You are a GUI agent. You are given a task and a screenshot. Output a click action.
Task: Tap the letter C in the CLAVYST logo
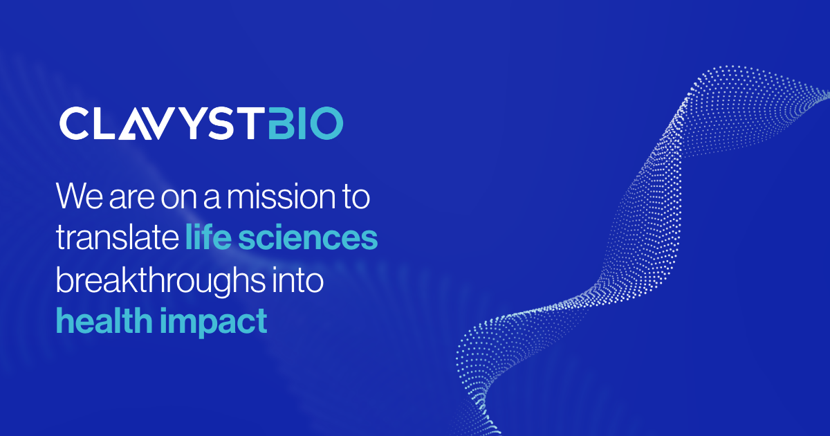tap(73, 124)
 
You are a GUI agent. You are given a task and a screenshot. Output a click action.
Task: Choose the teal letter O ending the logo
tap(325, 124)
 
